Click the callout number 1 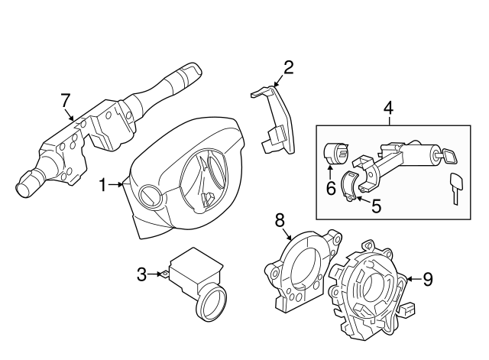point(103,184)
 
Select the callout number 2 point(288,68)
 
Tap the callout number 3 point(141,274)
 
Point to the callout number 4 point(388,108)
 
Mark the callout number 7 point(66,99)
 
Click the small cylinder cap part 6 point(335,153)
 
